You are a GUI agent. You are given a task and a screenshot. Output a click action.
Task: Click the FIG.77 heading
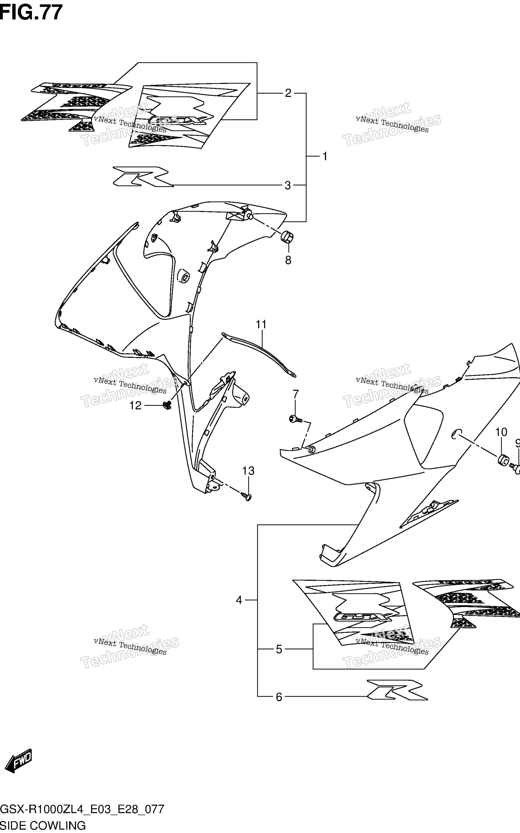click(31, 13)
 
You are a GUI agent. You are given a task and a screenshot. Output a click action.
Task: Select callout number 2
click(288, 93)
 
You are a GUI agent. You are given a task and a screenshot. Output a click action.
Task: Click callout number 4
click(239, 600)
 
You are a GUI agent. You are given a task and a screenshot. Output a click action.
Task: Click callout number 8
click(288, 260)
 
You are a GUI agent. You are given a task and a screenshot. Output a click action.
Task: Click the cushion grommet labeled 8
click(287, 237)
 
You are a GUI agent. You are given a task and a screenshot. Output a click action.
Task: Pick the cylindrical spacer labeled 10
click(502, 460)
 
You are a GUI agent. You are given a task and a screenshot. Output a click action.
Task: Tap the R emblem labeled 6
click(397, 689)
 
